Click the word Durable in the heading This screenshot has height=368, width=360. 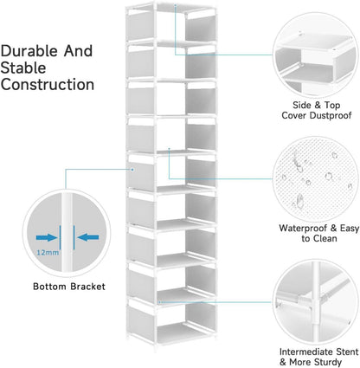click(x=29, y=51)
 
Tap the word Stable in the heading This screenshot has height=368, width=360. click(x=23, y=68)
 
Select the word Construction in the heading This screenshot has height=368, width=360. click(x=48, y=85)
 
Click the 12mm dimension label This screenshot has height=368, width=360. click(x=48, y=253)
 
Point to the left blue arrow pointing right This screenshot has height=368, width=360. click(x=46, y=237)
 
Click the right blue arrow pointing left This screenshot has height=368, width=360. click(x=88, y=237)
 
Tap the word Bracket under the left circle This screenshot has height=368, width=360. click(x=87, y=287)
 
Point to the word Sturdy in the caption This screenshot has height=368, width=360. click(x=328, y=362)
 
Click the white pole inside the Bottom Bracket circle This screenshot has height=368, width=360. click(x=67, y=232)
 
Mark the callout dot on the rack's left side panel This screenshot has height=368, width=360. click(x=132, y=170)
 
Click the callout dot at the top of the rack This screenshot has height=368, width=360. click(x=175, y=5)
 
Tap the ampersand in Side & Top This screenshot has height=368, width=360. click(x=318, y=105)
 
